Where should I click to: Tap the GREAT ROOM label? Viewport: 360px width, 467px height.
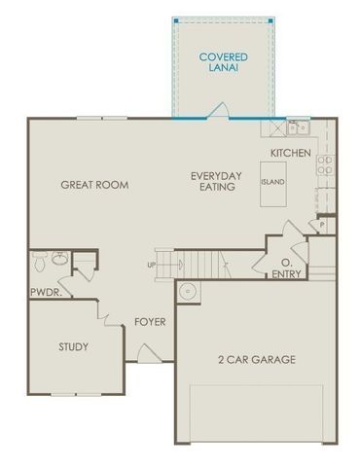click(x=94, y=184)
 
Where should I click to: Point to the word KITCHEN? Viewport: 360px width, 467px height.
click(x=290, y=153)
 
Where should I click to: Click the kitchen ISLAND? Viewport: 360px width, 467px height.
click(x=272, y=182)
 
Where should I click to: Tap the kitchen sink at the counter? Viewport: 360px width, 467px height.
click(x=296, y=126)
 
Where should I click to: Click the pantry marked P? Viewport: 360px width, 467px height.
click(x=322, y=225)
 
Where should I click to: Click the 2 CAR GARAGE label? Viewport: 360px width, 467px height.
click(x=256, y=359)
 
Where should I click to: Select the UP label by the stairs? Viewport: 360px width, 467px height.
click(x=150, y=265)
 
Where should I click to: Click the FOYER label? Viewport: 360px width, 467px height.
click(x=149, y=322)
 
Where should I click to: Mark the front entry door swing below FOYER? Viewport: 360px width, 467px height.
click(x=146, y=359)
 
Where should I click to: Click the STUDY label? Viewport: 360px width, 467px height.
click(x=73, y=346)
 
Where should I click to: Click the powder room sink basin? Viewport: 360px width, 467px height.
click(x=60, y=260)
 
